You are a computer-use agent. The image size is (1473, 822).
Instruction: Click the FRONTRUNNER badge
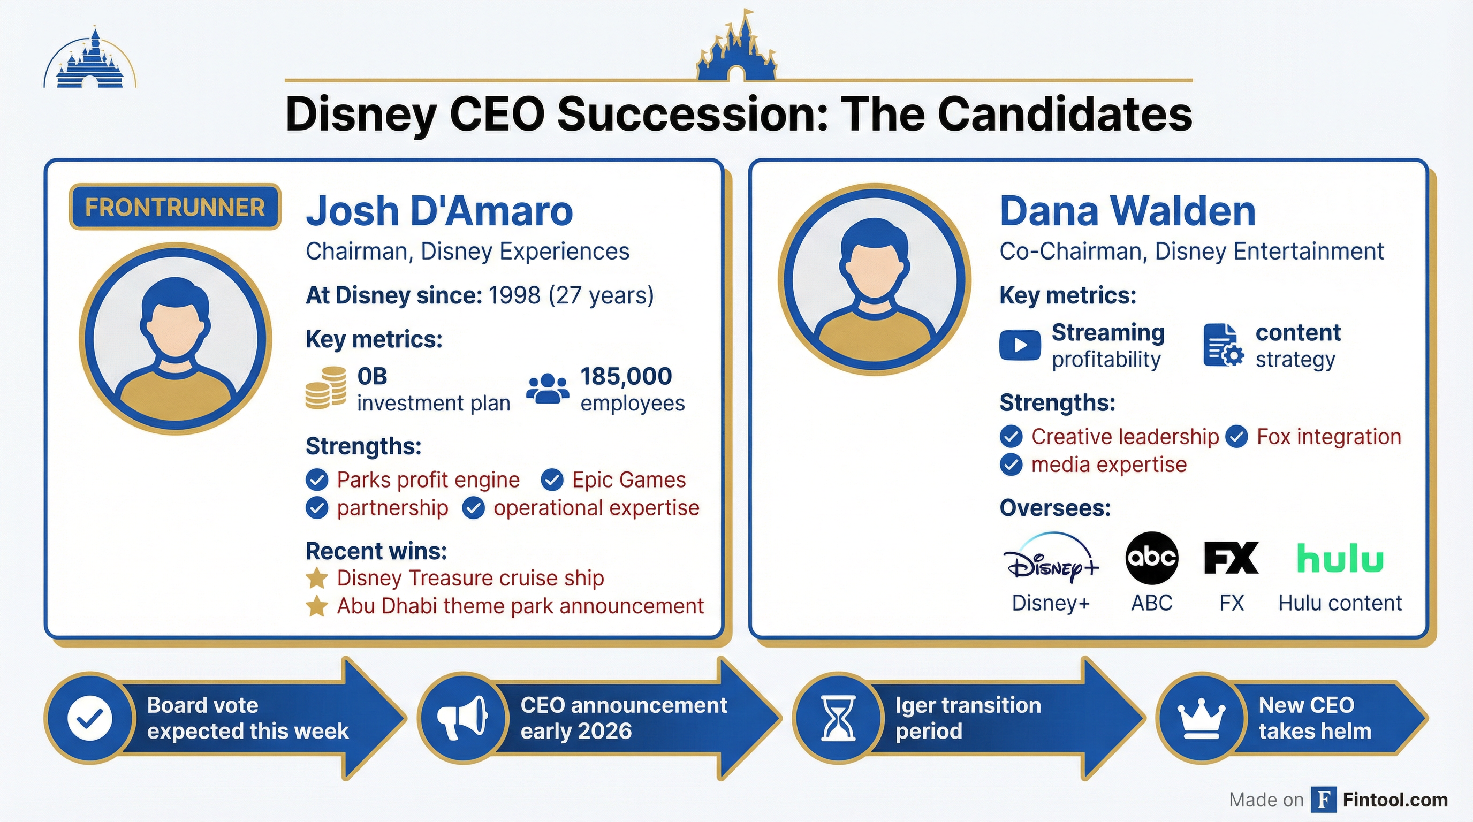(x=175, y=207)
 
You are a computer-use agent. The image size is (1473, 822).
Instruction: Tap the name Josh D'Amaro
(x=439, y=211)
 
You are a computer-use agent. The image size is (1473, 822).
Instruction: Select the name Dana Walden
(x=1127, y=211)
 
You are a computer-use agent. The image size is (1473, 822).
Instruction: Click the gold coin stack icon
(x=325, y=388)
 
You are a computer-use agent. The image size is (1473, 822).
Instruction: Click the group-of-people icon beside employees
(x=547, y=389)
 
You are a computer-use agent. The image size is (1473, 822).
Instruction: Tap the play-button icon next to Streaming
(x=1020, y=345)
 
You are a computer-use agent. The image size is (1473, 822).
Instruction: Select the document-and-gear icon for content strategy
(x=1223, y=345)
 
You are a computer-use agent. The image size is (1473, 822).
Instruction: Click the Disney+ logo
(x=1051, y=559)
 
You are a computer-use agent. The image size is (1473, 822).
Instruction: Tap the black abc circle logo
(x=1151, y=557)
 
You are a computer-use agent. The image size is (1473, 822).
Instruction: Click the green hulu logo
(x=1340, y=559)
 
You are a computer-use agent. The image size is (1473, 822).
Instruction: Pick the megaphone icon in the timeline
(x=462, y=718)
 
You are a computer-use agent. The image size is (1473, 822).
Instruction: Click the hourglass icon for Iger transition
(x=838, y=718)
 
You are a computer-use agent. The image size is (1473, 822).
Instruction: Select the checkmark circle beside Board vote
(x=90, y=718)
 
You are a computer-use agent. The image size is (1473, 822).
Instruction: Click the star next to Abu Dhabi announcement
(x=317, y=606)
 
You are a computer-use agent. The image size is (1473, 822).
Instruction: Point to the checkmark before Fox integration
(x=1236, y=437)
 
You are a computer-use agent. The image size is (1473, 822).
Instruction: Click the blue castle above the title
(x=736, y=49)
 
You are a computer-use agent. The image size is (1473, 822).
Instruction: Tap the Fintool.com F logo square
(x=1324, y=799)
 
